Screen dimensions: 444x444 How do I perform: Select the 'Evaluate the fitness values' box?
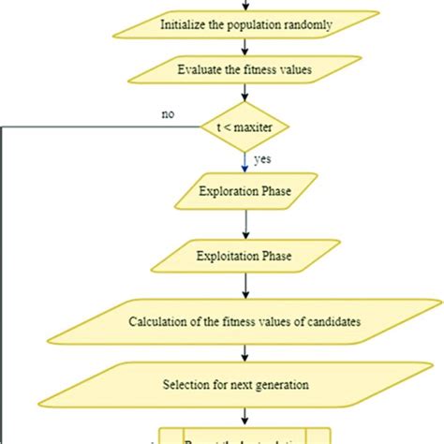click(244, 67)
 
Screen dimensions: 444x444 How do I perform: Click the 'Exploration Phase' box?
click(245, 193)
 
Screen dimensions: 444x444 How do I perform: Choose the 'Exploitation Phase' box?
click(245, 254)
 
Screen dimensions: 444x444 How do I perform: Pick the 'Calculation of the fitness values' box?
click(244, 322)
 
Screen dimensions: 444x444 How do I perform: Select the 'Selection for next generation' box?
click(244, 383)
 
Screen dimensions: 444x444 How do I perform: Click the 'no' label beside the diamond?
click(168, 115)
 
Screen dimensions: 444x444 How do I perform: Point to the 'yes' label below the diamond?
click(264, 159)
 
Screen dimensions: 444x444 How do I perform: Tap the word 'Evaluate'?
click(200, 67)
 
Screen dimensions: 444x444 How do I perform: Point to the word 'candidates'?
click(331, 322)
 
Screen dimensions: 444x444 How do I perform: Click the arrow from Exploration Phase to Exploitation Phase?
click(245, 222)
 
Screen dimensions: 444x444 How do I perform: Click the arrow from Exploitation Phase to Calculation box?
click(245, 286)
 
